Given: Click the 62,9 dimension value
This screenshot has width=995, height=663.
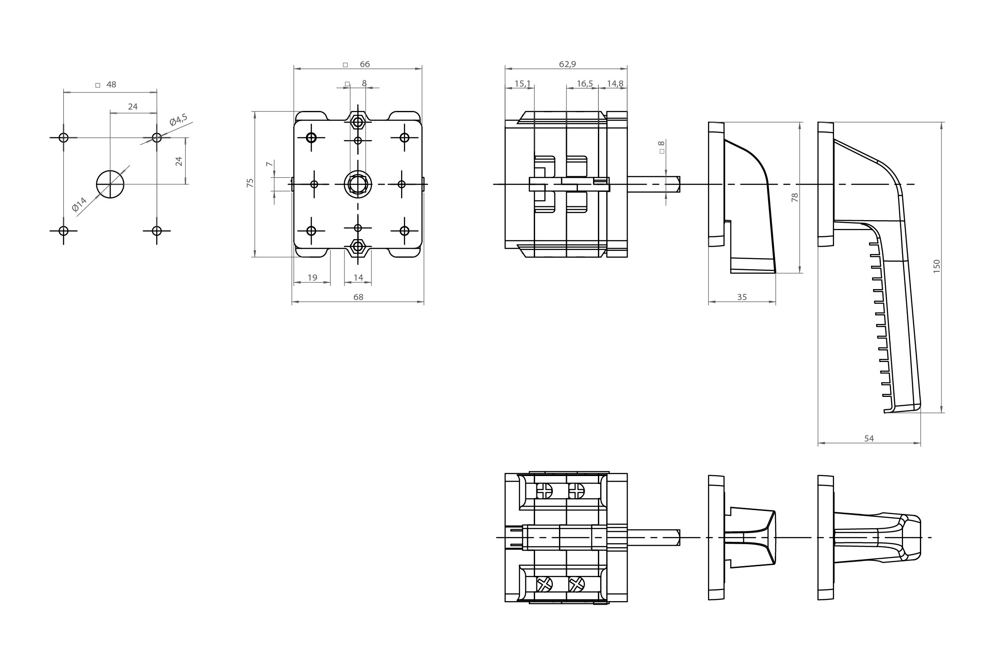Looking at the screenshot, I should [x=567, y=65].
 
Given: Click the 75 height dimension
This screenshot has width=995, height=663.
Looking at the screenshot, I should [x=250, y=183].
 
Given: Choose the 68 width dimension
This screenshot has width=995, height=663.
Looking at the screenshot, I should [x=358, y=297].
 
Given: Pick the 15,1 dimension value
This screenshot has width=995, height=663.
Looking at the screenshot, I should [x=522, y=84].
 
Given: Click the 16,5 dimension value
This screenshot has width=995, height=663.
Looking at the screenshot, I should [x=585, y=84].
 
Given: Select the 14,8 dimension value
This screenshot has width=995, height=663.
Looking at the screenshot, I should [x=615, y=84].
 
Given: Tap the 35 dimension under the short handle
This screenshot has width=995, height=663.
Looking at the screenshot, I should [x=742, y=297].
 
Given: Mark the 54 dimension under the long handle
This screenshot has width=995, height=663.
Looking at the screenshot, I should [x=869, y=438].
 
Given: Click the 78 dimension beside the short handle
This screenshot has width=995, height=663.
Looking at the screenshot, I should [x=795, y=198].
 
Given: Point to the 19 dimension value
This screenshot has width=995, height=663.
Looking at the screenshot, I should [x=312, y=278].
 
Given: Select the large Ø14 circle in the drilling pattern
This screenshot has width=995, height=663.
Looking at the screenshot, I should [x=110, y=184].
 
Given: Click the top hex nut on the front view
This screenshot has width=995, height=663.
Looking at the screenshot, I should [x=358, y=120].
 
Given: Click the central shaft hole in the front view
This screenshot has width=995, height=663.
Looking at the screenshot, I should [x=358, y=183].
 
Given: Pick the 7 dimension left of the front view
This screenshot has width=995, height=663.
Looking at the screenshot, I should [x=268, y=164].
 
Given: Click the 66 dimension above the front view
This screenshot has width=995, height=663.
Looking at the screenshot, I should [x=364, y=65].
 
